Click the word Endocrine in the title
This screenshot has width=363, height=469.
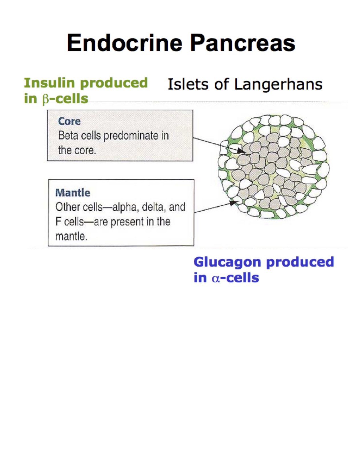click(x=124, y=43)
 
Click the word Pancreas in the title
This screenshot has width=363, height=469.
click(x=243, y=43)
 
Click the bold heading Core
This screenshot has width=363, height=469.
click(x=69, y=121)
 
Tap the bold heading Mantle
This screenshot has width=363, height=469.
click(x=73, y=193)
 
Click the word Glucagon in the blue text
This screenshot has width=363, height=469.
click(x=227, y=262)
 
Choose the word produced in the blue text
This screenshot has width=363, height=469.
click(x=300, y=262)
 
